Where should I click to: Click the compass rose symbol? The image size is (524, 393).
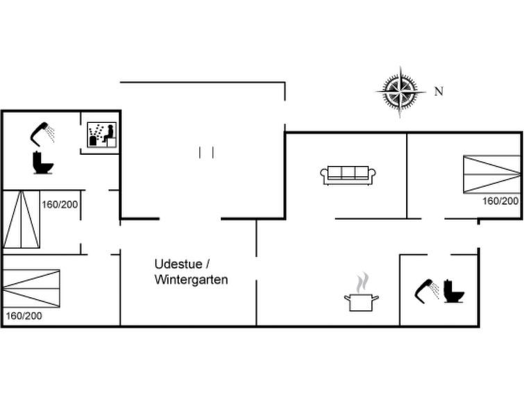(x=400, y=92)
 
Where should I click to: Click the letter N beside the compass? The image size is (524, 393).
(x=439, y=91)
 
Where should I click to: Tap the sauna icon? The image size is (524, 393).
(x=102, y=135)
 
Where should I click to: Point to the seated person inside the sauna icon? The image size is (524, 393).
(x=108, y=133)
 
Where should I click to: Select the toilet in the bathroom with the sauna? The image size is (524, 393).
(x=43, y=162)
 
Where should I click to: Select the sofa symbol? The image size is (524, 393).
(x=348, y=175)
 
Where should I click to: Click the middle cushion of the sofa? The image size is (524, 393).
(x=348, y=172)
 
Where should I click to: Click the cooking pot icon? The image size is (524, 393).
(x=362, y=302)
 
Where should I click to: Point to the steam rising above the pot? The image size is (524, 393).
(x=362, y=283)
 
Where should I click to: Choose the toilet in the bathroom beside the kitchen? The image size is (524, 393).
(x=453, y=292)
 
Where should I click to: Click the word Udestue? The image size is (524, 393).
(x=178, y=264)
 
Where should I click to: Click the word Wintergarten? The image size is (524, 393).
(x=191, y=280)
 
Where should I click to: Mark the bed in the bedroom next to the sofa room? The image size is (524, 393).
(x=491, y=174)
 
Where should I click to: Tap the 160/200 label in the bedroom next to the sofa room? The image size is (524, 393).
(x=500, y=201)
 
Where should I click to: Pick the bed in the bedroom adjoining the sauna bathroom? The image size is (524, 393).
(x=21, y=219)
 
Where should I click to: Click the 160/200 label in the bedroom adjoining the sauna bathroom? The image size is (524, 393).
(x=60, y=204)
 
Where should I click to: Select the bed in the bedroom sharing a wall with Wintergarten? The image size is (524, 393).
(x=31, y=288)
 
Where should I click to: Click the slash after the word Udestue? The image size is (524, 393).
(x=208, y=265)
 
